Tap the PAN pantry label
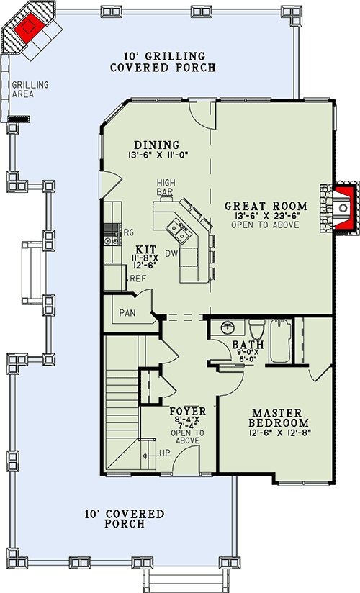pos(127,313)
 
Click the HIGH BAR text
pos(166,187)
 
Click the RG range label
pos(130,232)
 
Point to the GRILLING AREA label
pos(30,89)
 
